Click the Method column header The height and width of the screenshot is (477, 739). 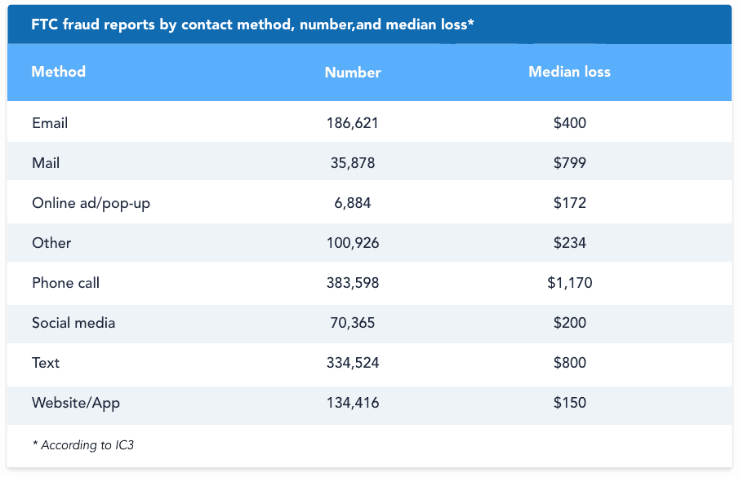coord(58,72)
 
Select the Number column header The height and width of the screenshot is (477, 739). coord(353,73)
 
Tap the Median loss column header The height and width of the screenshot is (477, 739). coord(569,72)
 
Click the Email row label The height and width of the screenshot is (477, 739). coord(50,123)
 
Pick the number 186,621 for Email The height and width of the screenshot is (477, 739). coord(353,123)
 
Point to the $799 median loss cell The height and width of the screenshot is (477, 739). coord(569,163)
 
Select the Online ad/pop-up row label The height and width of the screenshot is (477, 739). coord(91,203)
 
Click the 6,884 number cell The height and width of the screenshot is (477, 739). coord(353,203)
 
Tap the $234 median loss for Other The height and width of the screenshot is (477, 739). coord(569,243)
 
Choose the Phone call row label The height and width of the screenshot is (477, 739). coord(65,283)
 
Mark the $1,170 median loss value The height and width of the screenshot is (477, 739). coord(569,283)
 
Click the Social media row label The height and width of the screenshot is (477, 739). coord(73,323)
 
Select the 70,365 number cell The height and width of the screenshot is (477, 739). coord(353,323)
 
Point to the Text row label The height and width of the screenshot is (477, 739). coord(46,363)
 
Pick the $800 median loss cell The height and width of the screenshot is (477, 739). coord(569,363)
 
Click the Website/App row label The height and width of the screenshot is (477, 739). coord(76,403)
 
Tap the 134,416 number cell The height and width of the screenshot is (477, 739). coord(353,403)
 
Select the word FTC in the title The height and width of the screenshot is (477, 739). coord(44,24)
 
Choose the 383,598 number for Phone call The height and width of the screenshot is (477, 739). coord(353,283)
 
